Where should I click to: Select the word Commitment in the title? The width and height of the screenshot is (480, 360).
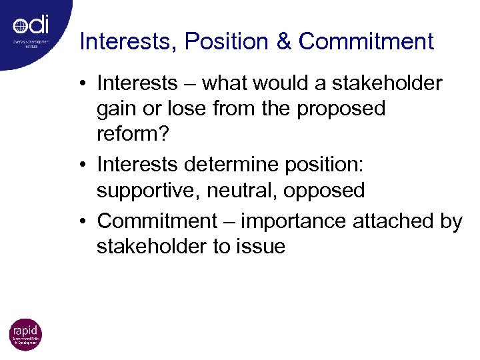[x=366, y=42]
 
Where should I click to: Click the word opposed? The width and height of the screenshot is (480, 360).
[x=324, y=191]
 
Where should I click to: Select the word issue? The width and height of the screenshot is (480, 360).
[x=261, y=247]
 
